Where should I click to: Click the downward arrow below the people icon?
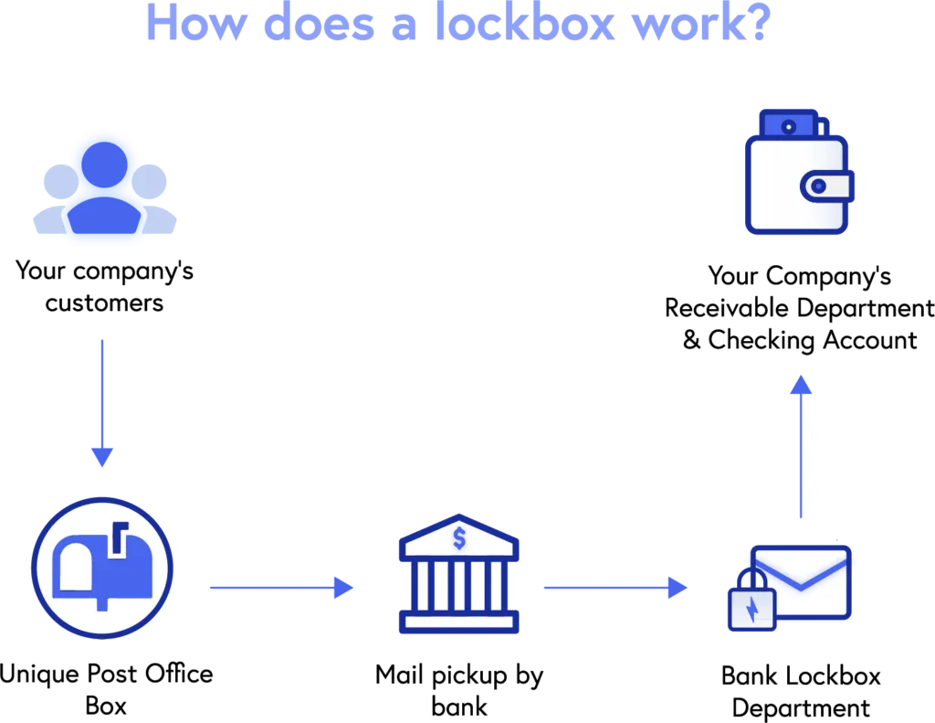[102, 402]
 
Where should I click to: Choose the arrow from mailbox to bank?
[279, 588]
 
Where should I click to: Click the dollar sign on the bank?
[458, 538]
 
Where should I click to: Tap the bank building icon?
[458, 576]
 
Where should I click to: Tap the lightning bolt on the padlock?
[751, 610]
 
